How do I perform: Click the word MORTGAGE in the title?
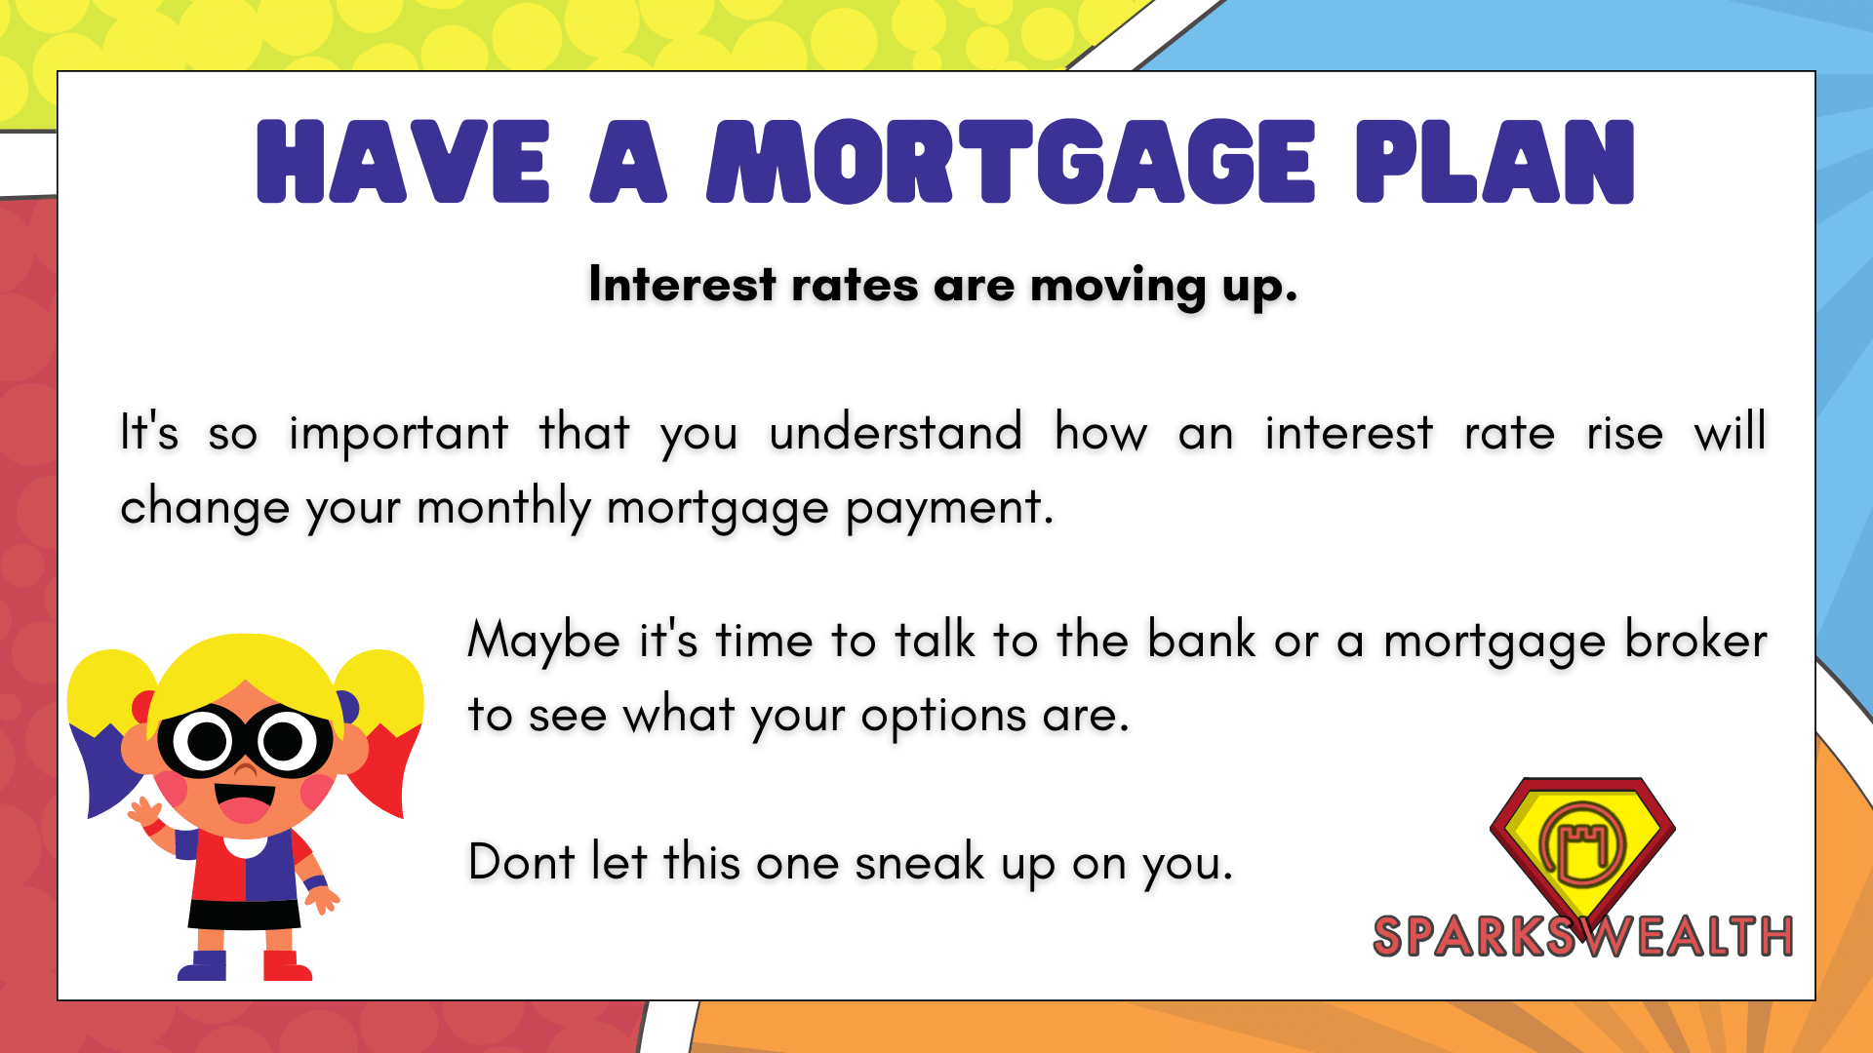pos(1012,162)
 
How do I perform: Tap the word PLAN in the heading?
pos(1494,162)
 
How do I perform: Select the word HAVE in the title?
pos(403,162)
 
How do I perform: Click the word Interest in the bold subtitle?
pos(683,285)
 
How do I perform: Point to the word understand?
pos(896,433)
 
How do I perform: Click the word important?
pos(399,435)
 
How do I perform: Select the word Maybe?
pos(544,643)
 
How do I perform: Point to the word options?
pos(943,718)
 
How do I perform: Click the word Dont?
pos(522,862)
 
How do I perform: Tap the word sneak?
pos(920,862)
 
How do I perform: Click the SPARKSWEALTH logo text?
pos(1582,936)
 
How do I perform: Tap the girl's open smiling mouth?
pos(245,801)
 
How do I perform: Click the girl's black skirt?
pos(244,915)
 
